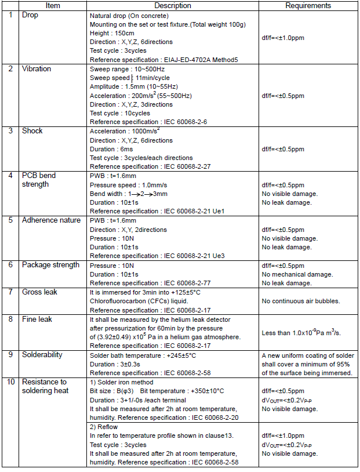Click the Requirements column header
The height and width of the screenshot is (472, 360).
coord(308,5)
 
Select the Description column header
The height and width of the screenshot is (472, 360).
coord(173,5)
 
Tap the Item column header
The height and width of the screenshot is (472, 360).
coord(53,5)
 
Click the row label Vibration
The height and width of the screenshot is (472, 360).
coord(37,68)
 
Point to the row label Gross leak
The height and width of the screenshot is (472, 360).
coord(40,292)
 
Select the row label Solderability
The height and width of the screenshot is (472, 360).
coord(42,354)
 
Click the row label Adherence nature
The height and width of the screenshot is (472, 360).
coord(51,220)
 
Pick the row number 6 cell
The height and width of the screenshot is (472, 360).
coord(10,265)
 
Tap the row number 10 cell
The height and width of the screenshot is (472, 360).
coord(10,382)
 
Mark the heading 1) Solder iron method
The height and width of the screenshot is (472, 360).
coord(122,382)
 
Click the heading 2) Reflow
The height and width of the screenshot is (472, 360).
coord(104,427)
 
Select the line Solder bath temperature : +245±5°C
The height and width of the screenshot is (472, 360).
coord(143,355)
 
